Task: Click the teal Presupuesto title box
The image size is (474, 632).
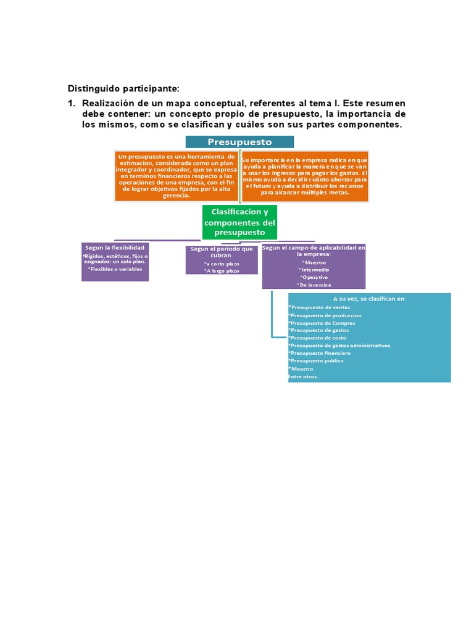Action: pos(239,142)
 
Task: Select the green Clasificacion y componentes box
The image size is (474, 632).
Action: pos(239,222)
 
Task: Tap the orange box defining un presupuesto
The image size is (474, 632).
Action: pos(177,176)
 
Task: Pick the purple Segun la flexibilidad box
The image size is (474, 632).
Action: pos(115,262)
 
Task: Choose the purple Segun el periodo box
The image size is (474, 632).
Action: pos(222,259)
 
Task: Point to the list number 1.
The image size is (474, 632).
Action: pos(71,102)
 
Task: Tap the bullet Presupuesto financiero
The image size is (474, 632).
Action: pos(320,353)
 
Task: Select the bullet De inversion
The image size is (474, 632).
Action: pos(314,285)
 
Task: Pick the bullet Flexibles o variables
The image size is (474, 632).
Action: pos(115,269)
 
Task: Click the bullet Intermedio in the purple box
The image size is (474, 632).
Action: pos(314,270)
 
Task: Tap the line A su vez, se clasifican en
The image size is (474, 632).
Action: pos(369,299)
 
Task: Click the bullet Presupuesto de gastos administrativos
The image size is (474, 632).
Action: pos(339,346)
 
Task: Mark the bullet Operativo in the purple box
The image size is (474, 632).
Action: pos(314,277)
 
